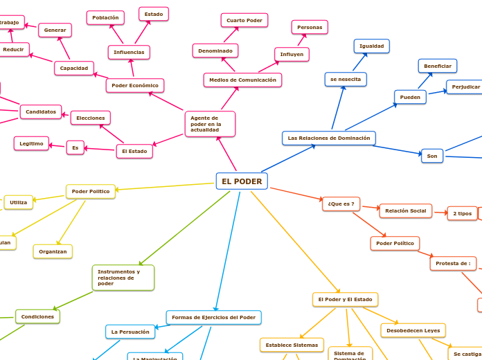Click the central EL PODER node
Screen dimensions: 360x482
click(x=242, y=181)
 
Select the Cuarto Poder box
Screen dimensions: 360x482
click(x=244, y=21)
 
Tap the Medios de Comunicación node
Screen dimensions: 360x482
click(x=242, y=80)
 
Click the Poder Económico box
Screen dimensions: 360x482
click(x=135, y=86)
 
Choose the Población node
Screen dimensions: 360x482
click(x=105, y=17)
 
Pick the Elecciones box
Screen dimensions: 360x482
click(x=91, y=118)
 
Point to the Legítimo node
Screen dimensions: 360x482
click(x=31, y=143)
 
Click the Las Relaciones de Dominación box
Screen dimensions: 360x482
click(x=329, y=138)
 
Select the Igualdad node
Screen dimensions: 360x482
click(x=372, y=46)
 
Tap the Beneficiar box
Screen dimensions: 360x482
click(x=438, y=66)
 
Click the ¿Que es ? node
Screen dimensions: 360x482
click(x=341, y=204)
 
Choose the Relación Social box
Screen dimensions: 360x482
click(x=406, y=210)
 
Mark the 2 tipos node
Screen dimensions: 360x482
click(x=462, y=213)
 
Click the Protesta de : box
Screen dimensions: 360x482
click(x=453, y=264)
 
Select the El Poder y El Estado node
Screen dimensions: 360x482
click(x=345, y=300)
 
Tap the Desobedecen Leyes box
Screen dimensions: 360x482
click(x=413, y=331)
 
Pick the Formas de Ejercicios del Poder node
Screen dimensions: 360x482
click(x=214, y=318)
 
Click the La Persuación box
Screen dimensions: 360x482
click(x=130, y=332)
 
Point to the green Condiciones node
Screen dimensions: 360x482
click(x=37, y=317)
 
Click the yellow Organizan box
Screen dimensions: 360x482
click(x=53, y=251)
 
